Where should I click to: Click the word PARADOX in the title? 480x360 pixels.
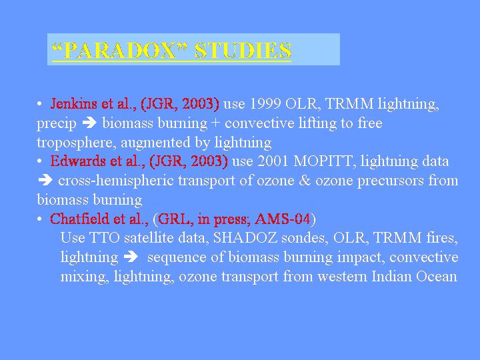coord(120,50)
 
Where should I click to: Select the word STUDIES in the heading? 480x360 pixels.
coord(243,50)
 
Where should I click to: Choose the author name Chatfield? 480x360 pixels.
coord(79,219)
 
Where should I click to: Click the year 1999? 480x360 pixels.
coord(265,104)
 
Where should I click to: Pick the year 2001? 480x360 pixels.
coord(273,161)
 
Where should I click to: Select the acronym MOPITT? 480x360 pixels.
coord(323,161)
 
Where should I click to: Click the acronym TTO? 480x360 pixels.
coord(104,238)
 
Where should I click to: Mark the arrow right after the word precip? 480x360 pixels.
coord(89,123)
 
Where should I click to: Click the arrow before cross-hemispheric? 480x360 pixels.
coord(45,180)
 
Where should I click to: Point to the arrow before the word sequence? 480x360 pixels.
coord(131,257)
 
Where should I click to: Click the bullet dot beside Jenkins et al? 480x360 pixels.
coord(39,104)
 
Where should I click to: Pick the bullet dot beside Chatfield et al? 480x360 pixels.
coord(39,219)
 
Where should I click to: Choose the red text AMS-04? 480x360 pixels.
coord(283,219)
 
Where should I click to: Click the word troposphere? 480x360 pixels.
coord(76,143)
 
